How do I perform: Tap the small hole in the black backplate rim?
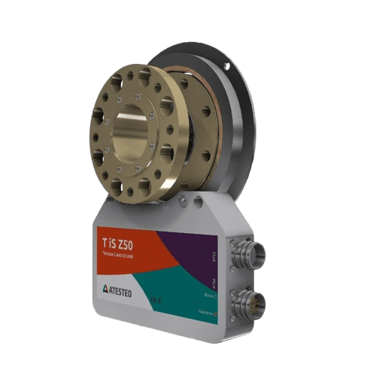click(226, 67)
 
